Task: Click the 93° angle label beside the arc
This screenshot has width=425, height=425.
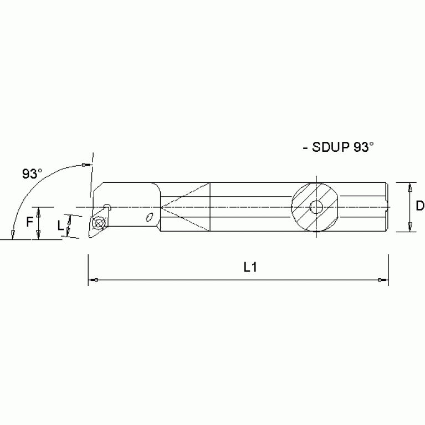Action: tap(32, 173)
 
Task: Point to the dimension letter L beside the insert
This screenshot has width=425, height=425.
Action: tap(60, 226)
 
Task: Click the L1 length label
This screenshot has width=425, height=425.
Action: tap(250, 267)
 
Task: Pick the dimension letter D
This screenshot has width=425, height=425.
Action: tap(419, 206)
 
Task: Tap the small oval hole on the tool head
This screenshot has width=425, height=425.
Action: tap(149, 216)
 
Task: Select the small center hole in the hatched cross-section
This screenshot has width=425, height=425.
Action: tap(316, 207)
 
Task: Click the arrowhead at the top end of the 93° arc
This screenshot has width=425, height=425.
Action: tap(85, 165)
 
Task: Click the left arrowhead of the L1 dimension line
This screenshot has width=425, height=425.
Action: tap(93, 280)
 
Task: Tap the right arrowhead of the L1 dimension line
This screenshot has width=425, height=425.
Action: tap(383, 280)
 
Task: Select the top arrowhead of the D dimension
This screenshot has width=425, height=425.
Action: tap(409, 187)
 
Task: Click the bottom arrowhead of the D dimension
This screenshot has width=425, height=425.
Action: tap(409, 227)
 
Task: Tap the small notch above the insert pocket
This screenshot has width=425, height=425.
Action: tap(107, 208)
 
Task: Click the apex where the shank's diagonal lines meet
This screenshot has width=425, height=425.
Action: tap(161, 208)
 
